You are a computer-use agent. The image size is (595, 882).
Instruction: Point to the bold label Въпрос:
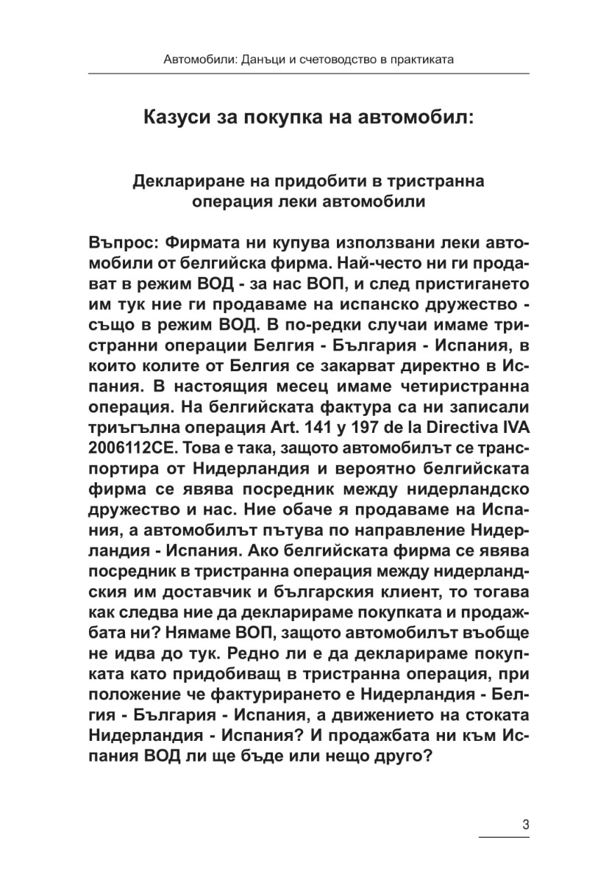[121, 243]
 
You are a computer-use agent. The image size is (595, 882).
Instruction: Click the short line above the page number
[505, 836]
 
